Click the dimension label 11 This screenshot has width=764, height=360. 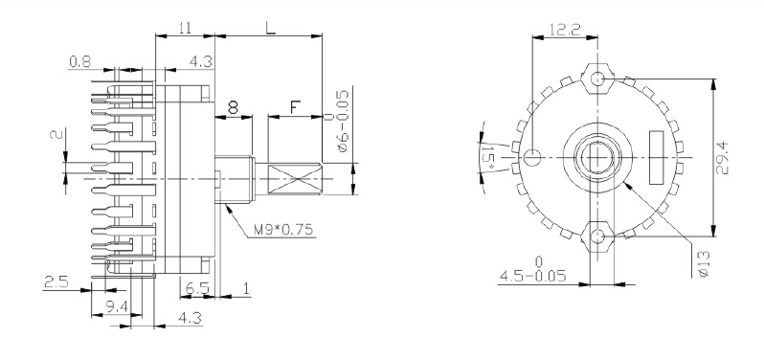184,28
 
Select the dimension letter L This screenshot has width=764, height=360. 270,27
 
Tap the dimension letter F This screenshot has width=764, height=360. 295,107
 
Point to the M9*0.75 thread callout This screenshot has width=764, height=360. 284,229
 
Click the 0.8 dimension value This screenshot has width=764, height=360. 79,61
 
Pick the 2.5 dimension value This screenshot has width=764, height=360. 56,281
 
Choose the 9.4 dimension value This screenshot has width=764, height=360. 117,306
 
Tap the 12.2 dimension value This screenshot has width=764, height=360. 565,30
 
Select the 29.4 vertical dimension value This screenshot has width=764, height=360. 723,157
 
